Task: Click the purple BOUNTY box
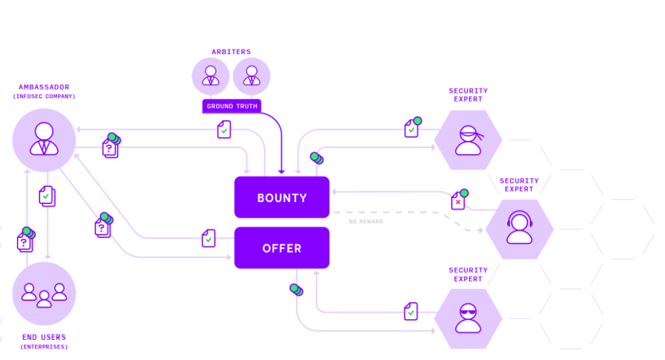click(x=282, y=198)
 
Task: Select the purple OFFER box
click(x=282, y=248)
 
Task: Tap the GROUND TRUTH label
click(x=232, y=106)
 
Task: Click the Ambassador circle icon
click(x=44, y=140)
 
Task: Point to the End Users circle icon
click(x=44, y=294)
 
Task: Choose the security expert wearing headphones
click(x=519, y=229)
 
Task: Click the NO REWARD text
click(x=366, y=222)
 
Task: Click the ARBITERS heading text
click(x=231, y=52)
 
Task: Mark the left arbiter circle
click(x=210, y=76)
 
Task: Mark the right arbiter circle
click(x=251, y=76)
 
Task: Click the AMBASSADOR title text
click(x=44, y=87)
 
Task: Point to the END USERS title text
click(x=44, y=337)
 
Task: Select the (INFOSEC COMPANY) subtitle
click(x=44, y=96)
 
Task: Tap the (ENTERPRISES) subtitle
click(x=44, y=346)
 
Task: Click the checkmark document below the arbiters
click(x=224, y=129)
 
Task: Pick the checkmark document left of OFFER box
click(x=208, y=238)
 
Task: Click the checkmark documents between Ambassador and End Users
click(x=47, y=196)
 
